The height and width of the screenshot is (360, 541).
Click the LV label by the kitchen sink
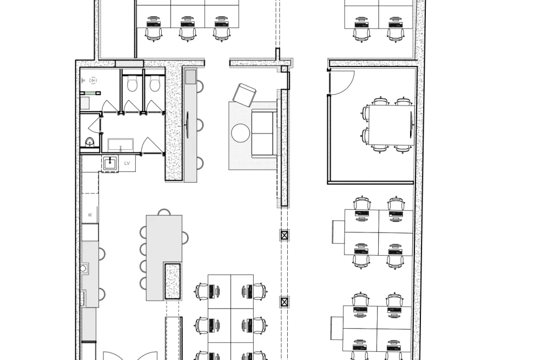tap(127, 163)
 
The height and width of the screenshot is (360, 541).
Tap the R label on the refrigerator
tap(90, 215)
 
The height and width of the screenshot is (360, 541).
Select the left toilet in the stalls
tap(131, 84)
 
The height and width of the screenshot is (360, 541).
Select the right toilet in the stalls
tap(154, 84)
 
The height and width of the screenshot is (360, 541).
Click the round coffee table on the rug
tap(240, 132)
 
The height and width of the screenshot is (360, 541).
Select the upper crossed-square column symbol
tap(285, 235)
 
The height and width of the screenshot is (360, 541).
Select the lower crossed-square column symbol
tap(285, 303)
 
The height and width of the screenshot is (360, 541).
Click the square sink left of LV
tap(110, 163)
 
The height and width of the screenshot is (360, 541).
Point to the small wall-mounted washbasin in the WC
tap(89, 142)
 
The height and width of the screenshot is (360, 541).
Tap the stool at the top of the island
tap(163, 211)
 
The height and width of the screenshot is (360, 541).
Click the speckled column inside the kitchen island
tap(173, 281)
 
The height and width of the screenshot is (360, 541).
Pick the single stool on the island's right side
tap(185, 237)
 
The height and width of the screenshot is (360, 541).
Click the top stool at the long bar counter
tap(200, 86)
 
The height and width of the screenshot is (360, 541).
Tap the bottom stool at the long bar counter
tap(200, 163)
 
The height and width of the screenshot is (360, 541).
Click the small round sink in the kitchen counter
tap(84, 268)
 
